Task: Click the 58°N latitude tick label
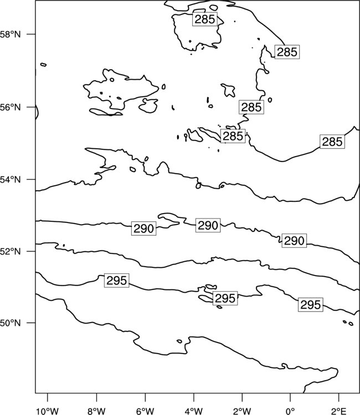[11, 34]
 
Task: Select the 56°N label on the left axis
[11, 107]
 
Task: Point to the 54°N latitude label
[11, 180]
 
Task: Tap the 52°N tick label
[11, 251]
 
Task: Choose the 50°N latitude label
[11, 323]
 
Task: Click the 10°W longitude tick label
[48, 411]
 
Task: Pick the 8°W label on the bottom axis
[96, 411]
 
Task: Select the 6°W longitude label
[145, 411]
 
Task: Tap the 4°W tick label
[194, 411]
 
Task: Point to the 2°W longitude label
[242, 411]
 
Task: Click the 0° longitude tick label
[290, 411]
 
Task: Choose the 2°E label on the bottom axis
[339, 411]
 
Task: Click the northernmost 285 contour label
[205, 19]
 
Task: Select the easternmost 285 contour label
[332, 142]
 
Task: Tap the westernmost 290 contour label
[143, 229]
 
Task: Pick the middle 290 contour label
[208, 225]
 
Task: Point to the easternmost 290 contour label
[294, 241]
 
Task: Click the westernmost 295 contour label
[116, 281]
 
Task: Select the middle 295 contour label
[225, 298]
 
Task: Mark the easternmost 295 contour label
[311, 305]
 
